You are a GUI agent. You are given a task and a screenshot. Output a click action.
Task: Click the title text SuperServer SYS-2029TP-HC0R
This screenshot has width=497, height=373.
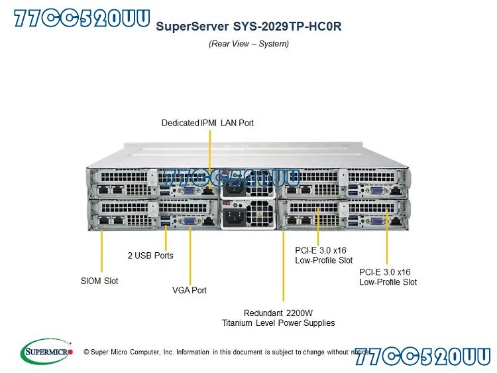248,27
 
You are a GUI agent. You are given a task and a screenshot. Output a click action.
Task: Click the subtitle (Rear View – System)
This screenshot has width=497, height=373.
248,44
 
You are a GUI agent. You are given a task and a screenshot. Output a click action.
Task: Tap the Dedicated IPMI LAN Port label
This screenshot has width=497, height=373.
207,123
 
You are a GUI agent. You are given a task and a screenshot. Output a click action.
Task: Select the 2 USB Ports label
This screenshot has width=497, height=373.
150,255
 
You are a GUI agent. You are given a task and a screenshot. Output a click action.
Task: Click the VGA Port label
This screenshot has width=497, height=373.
190,290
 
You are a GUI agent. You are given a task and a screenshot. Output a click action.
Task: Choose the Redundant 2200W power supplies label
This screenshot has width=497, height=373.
279,318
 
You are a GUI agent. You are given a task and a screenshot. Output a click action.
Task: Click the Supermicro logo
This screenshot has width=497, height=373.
46,351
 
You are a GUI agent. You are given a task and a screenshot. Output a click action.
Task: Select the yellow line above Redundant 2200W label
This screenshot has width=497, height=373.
284,265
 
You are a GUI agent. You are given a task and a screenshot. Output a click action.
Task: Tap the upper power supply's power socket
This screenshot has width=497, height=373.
233,188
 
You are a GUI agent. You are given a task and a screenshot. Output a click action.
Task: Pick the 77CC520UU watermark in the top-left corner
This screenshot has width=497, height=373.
82,18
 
